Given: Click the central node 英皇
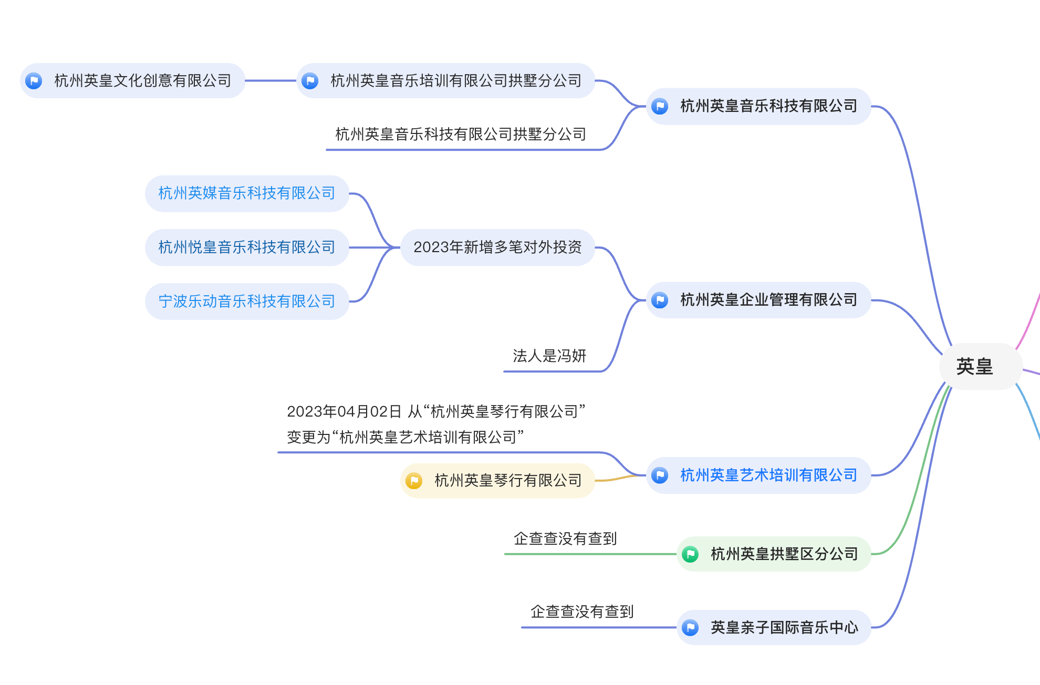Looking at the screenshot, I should point(974,367).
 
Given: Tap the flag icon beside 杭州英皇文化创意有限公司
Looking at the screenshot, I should point(34,81).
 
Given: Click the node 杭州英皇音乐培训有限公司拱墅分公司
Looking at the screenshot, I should point(455,81).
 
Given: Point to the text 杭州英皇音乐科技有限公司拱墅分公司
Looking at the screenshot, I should point(461,134).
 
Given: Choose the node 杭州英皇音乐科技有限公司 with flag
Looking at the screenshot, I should point(768,106).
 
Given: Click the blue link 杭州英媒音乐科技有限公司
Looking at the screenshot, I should point(247,193).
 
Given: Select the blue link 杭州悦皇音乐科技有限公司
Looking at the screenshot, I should point(247,247).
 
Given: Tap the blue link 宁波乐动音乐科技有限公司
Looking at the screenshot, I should point(247,302).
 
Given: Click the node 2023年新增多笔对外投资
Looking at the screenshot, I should point(497,247).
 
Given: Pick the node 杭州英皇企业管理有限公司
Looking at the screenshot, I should point(768,300).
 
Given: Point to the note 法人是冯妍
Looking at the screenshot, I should point(549,356).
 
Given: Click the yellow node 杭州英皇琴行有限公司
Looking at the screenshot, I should point(508,481).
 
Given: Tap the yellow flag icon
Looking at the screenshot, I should point(414,481).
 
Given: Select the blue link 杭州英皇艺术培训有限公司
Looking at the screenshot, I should point(768,475).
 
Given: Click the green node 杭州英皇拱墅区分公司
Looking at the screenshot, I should point(784,554).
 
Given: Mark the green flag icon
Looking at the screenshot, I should point(690,554).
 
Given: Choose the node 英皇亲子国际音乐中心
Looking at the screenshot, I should point(784,628).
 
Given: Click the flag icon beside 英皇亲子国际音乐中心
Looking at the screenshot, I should point(690,628).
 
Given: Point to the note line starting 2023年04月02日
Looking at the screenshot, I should point(436,412).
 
